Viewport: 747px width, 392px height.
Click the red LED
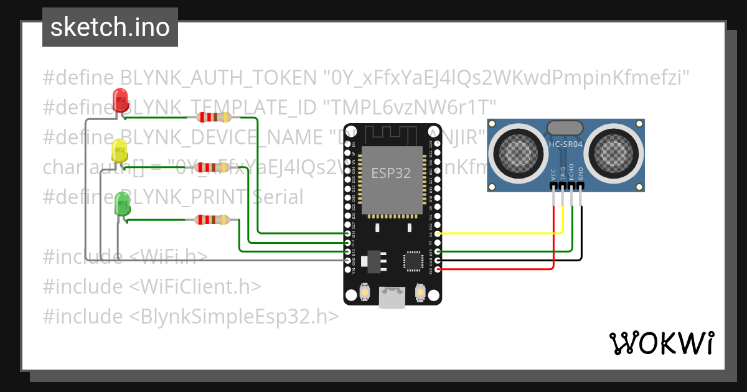120,100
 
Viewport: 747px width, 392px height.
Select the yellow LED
118,151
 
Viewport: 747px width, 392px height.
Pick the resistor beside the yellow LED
212,167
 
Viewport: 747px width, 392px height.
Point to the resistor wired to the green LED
212,219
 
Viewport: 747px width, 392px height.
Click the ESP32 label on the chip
391,174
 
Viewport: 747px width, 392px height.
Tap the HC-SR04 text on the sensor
565,145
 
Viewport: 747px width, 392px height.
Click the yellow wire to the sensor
498,233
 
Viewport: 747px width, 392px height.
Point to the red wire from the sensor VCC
498,269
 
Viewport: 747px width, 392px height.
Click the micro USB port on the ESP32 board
392,297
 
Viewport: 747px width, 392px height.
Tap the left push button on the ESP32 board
365,291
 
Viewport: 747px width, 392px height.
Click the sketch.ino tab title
110,27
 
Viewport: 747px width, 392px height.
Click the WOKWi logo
661,343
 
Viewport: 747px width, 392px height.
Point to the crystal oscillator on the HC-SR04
565,128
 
